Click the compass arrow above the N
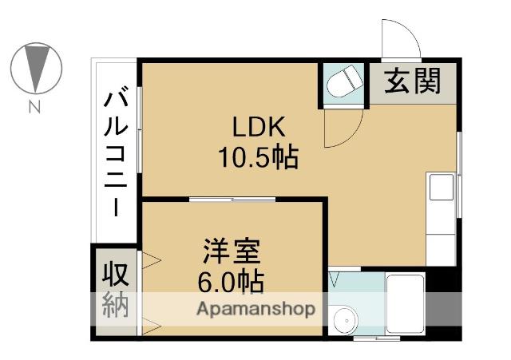pos(37,67)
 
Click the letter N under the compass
pos(34,106)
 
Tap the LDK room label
pos(258,127)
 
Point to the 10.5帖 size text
pos(258,157)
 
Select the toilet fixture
pos(343,81)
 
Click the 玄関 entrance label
pos(412,81)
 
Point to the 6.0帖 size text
pos(231,282)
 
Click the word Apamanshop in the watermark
pos(256,309)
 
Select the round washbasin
pos(345,321)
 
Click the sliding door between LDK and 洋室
pos(232,197)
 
